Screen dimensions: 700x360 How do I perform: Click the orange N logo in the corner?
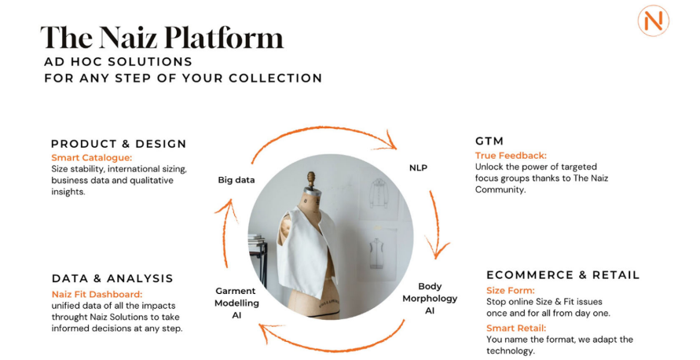pyautogui.click(x=653, y=20)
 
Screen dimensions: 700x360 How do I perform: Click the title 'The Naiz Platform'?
pyautogui.click(x=162, y=37)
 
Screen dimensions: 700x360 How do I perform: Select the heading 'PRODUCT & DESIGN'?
pyautogui.click(x=119, y=144)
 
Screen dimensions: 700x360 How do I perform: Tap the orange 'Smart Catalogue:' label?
pyautogui.click(x=91, y=158)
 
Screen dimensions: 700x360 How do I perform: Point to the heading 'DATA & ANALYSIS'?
pyautogui.click(x=112, y=278)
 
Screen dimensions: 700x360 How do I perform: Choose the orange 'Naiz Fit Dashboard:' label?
pyautogui.click(x=97, y=294)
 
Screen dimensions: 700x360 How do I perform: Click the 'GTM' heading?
pyautogui.click(x=489, y=141)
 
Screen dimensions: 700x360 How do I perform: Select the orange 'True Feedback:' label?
pyautogui.click(x=511, y=156)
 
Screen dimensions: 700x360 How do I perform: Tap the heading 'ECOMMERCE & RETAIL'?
pyautogui.click(x=563, y=274)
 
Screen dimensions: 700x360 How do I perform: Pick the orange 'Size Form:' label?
pyautogui.click(x=510, y=290)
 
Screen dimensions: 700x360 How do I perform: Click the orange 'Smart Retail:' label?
pyautogui.click(x=516, y=328)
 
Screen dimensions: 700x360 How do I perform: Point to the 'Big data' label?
pyautogui.click(x=236, y=180)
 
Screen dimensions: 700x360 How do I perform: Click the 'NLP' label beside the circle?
pyautogui.click(x=418, y=168)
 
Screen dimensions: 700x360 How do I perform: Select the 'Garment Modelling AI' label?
pyautogui.click(x=236, y=303)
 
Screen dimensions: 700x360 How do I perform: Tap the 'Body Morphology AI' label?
pyautogui.click(x=430, y=299)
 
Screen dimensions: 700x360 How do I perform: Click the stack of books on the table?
pyautogui.click(x=257, y=240)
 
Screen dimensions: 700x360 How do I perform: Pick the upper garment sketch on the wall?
pyautogui.click(x=379, y=193)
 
